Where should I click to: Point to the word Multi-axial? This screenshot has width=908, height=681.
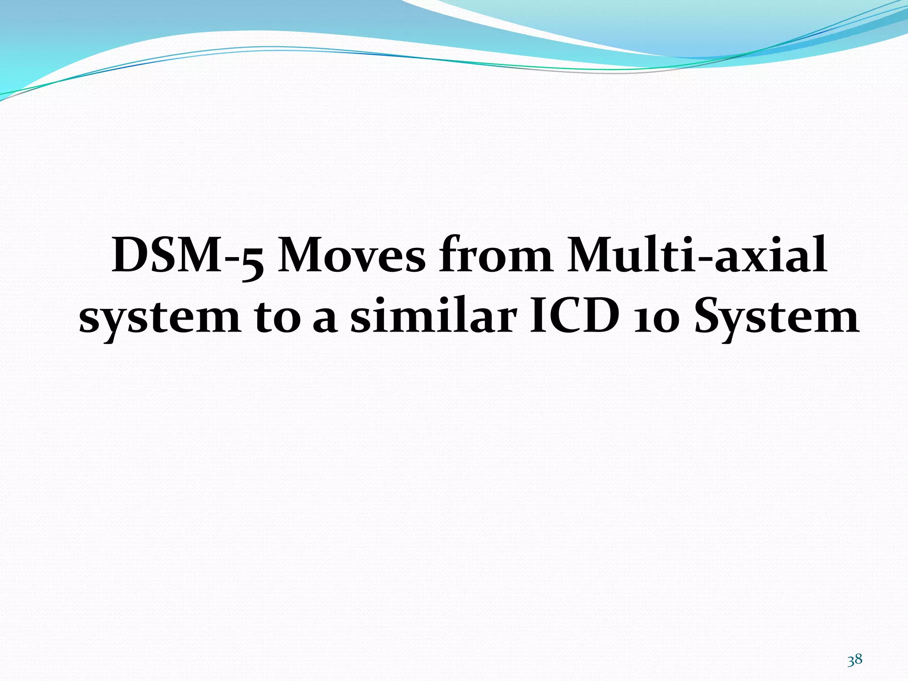pos(697,256)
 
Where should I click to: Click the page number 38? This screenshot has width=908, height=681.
pos(855,660)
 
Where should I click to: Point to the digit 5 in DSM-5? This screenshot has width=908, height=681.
pos(252,262)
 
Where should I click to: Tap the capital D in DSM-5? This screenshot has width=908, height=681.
pos(131,256)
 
